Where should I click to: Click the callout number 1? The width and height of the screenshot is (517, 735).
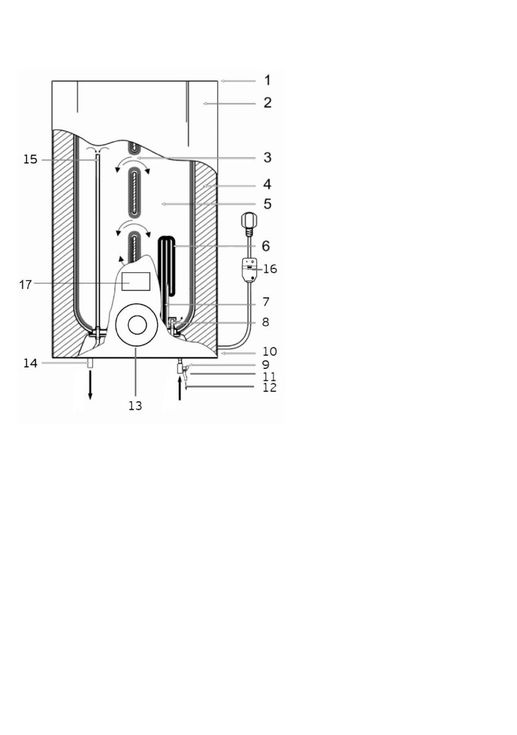point(267,80)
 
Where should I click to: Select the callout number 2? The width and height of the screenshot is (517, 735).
point(267,102)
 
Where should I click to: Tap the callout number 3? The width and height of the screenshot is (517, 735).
point(267,157)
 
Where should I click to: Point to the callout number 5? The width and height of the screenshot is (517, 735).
point(267,204)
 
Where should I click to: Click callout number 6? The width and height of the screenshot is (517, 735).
point(266,246)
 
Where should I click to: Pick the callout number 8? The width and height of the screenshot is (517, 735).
point(266,322)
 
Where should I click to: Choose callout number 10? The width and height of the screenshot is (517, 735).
point(269,352)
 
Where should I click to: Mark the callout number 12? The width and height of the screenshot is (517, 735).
point(269,388)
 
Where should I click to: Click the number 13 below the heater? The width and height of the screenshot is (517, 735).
point(135,406)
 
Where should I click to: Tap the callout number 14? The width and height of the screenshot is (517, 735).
point(30,363)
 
